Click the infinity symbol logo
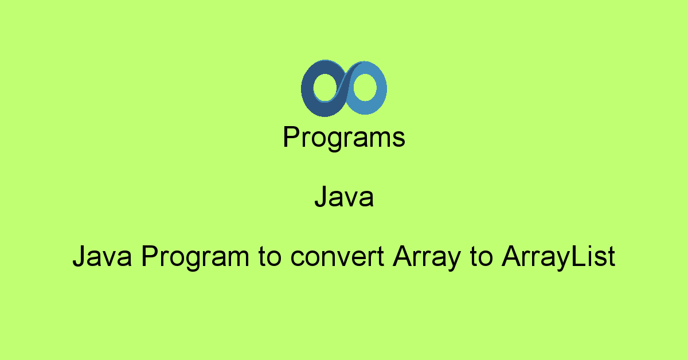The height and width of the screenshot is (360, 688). [344, 88]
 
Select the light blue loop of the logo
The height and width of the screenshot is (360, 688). [381, 88]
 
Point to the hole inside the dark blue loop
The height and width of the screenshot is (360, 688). [325, 88]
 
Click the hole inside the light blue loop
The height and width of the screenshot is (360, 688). [365, 87]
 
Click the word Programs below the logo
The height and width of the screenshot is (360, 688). [344, 138]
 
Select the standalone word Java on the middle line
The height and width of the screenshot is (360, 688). [344, 196]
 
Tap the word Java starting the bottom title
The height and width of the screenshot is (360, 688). [102, 256]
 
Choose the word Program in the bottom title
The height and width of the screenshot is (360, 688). [195, 257]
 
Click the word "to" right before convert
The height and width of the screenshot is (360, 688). [269, 257]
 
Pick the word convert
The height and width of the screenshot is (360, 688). [337, 257]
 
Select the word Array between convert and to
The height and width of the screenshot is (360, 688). [427, 257]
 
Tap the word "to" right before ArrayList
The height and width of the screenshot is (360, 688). [481, 257]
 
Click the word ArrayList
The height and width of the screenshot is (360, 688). [558, 257]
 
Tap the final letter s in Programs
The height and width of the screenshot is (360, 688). [398, 139]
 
